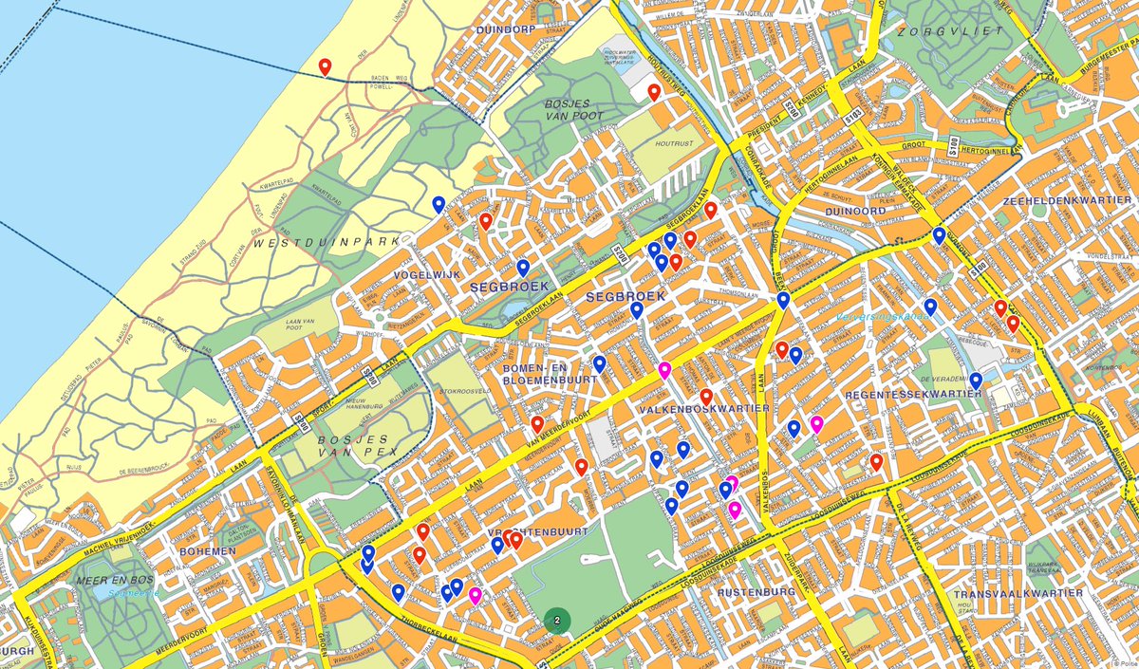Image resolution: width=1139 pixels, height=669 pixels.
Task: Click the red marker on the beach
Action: coord(325,67)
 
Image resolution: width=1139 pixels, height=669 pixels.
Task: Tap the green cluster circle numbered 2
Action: coord(557,621)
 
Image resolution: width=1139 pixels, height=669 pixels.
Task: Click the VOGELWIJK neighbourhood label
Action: coord(426,274)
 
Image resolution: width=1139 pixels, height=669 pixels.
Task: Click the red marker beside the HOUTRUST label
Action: coord(654,91)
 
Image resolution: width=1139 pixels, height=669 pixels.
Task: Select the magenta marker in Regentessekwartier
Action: coord(816,423)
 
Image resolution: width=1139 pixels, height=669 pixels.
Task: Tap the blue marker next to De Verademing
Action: coord(976,381)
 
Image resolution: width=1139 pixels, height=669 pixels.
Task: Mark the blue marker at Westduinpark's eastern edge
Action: coord(439,204)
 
